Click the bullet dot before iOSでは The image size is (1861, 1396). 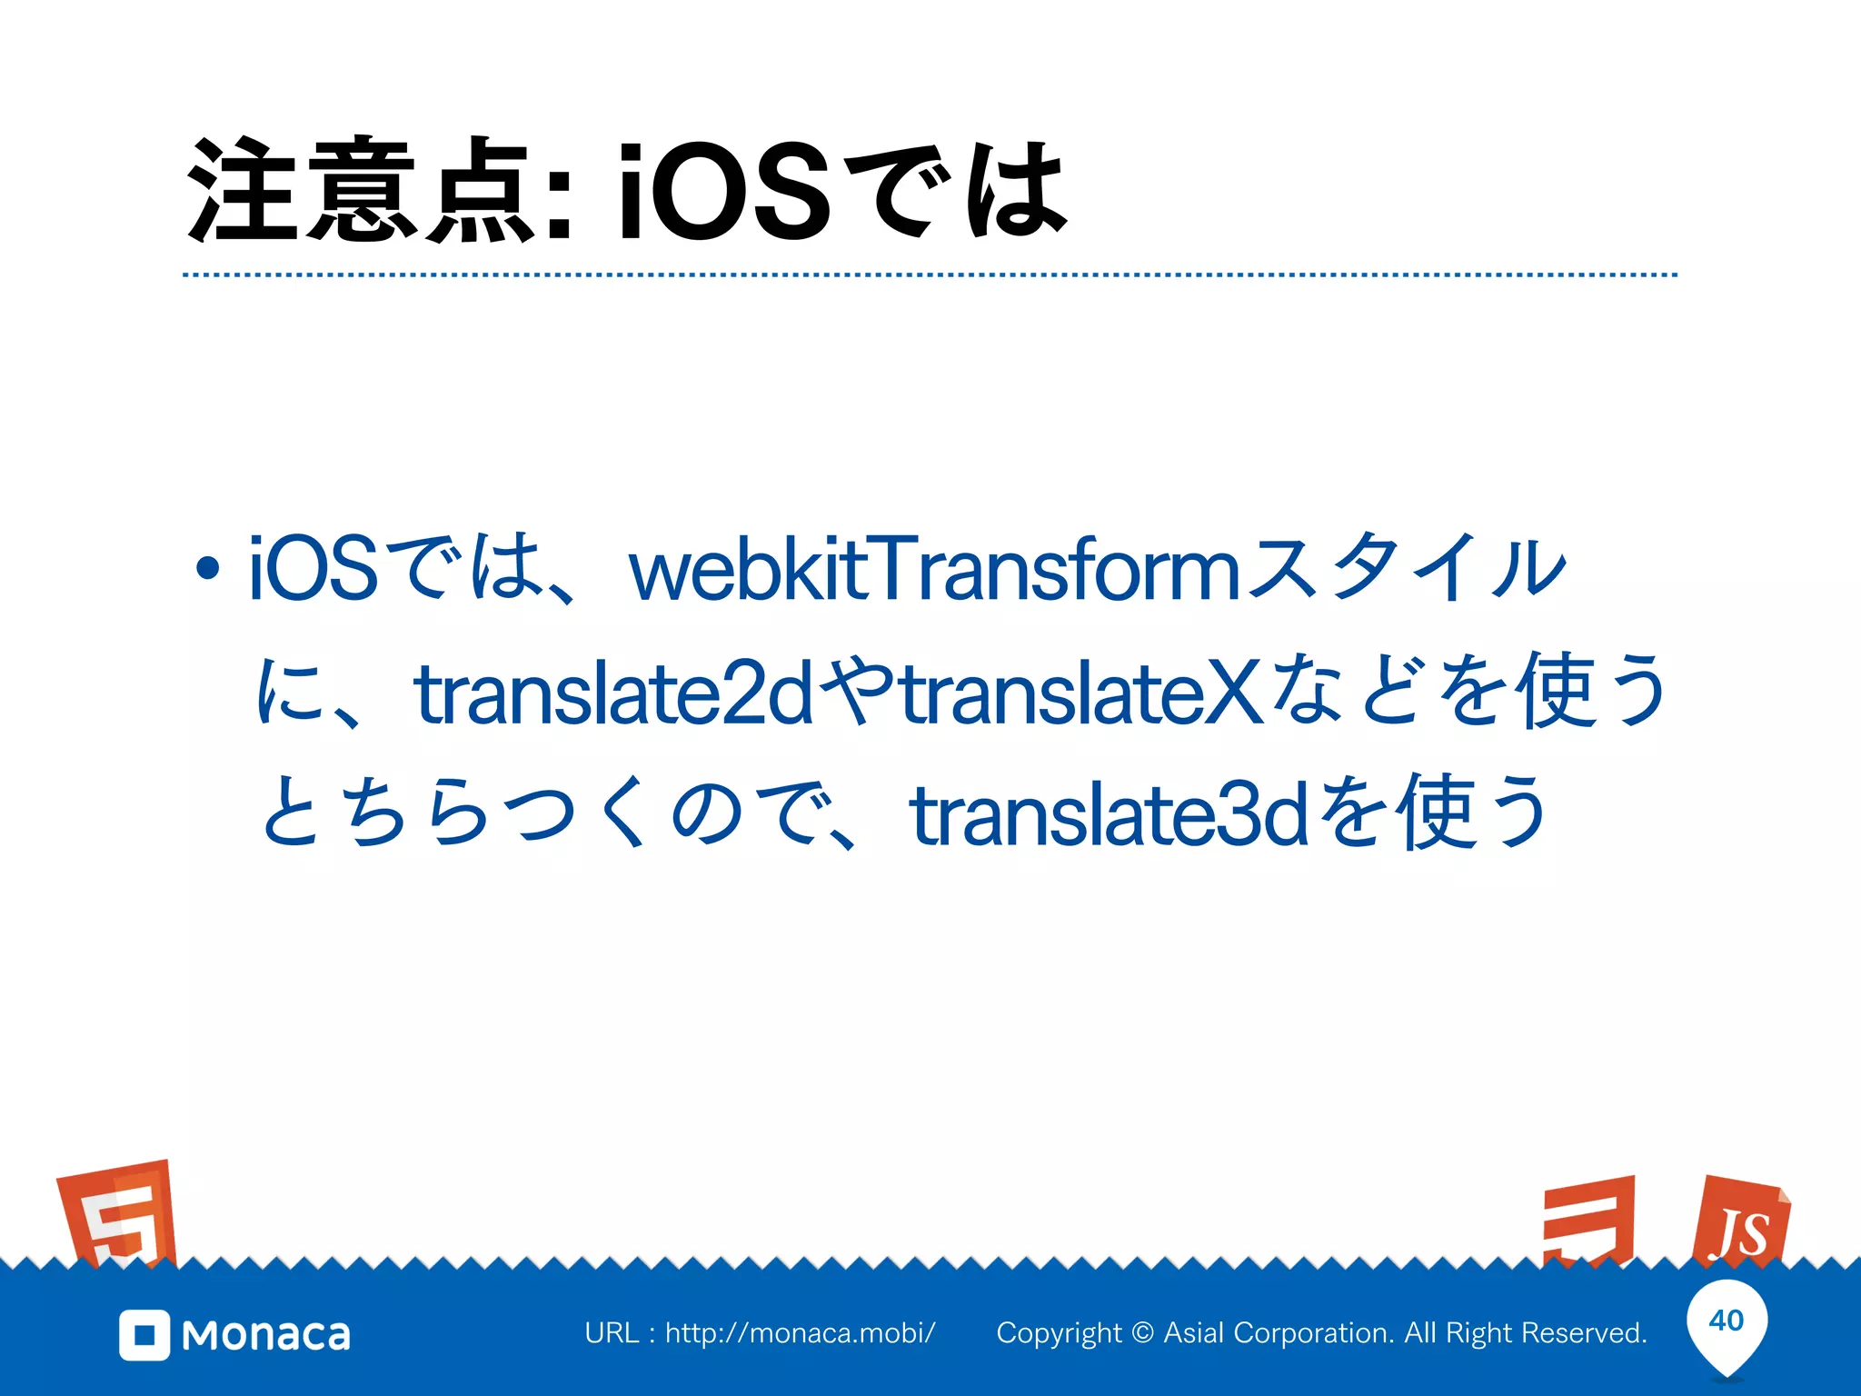pyautogui.click(x=208, y=569)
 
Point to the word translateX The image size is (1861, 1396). pyautogui.click(x=1081, y=694)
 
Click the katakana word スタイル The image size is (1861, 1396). pyautogui.click(x=1407, y=569)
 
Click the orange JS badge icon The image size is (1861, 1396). pyautogui.click(x=1740, y=1222)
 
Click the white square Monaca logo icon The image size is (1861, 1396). pyautogui.click(x=144, y=1335)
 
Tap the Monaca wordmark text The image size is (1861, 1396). pyautogui.click(x=266, y=1335)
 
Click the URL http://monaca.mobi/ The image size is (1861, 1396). pyautogui.click(x=800, y=1333)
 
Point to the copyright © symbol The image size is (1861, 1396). pyautogui.click(x=1143, y=1333)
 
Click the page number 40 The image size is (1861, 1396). pyautogui.click(x=1727, y=1321)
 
